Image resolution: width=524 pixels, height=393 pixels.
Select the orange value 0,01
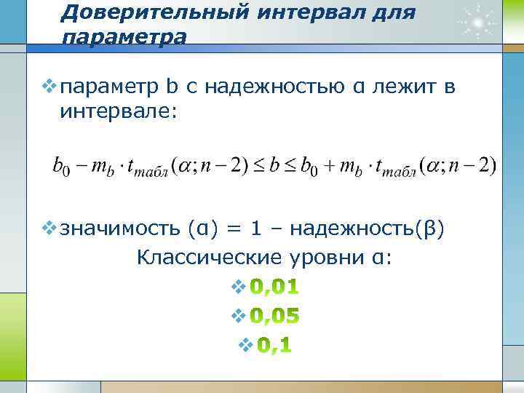pos(274,287)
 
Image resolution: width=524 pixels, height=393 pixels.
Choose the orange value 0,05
pos(274,316)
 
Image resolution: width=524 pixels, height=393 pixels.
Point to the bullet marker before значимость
pos(48,228)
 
